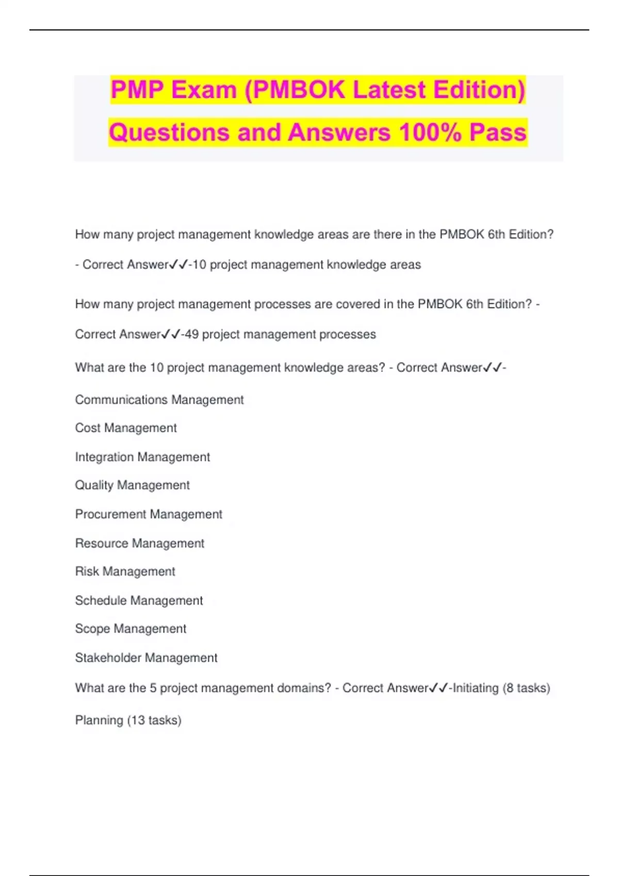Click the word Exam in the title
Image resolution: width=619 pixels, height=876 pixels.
click(x=204, y=90)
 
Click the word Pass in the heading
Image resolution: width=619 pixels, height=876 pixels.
click(x=498, y=132)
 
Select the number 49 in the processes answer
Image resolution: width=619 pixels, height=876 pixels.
click(x=191, y=334)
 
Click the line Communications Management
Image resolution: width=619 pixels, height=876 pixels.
click(x=159, y=400)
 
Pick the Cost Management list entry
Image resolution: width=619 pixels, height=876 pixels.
click(x=126, y=428)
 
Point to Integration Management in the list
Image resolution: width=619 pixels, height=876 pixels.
click(x=142, y=457)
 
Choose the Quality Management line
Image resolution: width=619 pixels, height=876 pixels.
click(x=132, y=485)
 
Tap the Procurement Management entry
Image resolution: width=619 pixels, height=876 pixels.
click(x=149, y=514)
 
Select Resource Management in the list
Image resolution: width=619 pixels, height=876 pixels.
click(x=139, y=543)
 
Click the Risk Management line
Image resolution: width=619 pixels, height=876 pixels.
click(x=125, y=571)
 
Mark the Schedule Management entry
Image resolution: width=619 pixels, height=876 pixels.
click(x=139, y=600)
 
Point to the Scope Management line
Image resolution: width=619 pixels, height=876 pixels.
click(x=131, y=629)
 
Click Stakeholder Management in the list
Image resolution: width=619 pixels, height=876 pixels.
click(x=146, y=658)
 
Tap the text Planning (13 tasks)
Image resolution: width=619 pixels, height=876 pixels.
click(x=128, y=720)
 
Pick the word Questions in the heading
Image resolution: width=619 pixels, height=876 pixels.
click(x=170, y=132)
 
